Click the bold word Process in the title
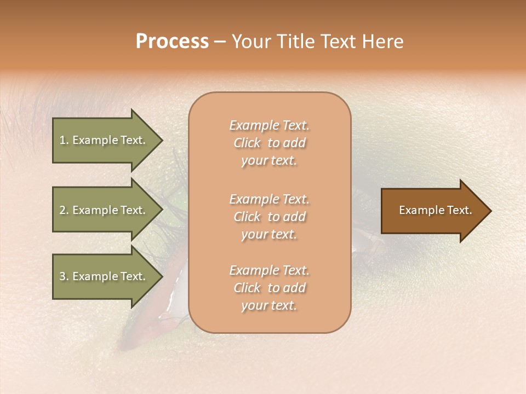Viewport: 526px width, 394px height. (172, 42)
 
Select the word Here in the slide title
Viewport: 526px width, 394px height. (382, 42)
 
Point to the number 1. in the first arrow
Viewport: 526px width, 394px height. (64, 141)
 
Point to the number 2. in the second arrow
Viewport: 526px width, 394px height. (64, 210)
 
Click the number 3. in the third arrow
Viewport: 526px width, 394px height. (64, 277)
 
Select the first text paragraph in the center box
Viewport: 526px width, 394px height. (270, 143)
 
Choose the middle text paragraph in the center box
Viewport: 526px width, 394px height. (270, 217)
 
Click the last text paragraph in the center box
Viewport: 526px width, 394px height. (270, 288)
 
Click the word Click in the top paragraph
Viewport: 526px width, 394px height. (247, 143)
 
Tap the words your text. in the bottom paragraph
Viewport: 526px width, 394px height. (269, 306)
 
